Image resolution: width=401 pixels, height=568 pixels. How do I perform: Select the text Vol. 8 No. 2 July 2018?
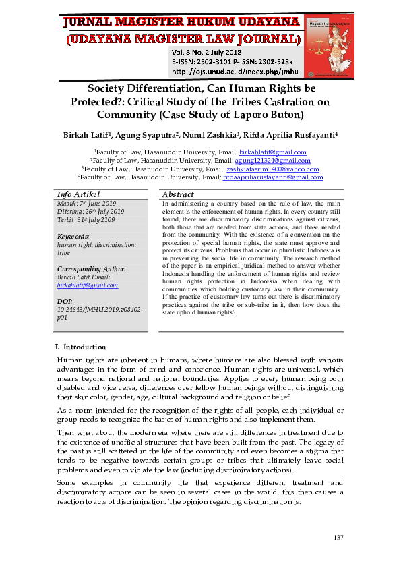207,52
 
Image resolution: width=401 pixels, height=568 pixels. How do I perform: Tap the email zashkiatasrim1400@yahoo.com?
282,169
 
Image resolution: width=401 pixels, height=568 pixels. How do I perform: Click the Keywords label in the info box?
73,237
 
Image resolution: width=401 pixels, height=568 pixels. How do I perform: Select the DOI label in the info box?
65,301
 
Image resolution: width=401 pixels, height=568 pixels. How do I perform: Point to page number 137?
338,537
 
